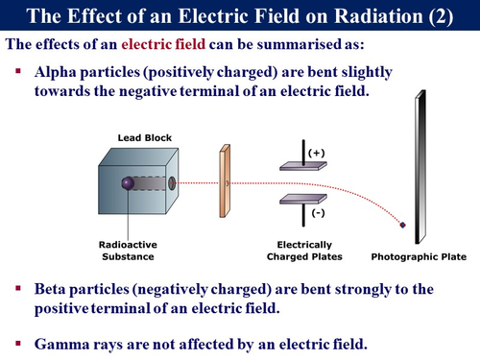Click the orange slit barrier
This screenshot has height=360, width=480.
coord(225,179)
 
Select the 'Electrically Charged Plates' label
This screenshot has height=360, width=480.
coord(306,251)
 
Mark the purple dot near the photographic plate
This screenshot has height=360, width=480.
coord(403,225)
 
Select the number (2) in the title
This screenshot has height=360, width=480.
coord(434,16)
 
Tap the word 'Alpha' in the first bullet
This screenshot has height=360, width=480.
coord(57,74)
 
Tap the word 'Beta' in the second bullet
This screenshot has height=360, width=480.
coord(53,288)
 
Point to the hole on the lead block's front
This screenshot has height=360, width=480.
coord(172,182)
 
